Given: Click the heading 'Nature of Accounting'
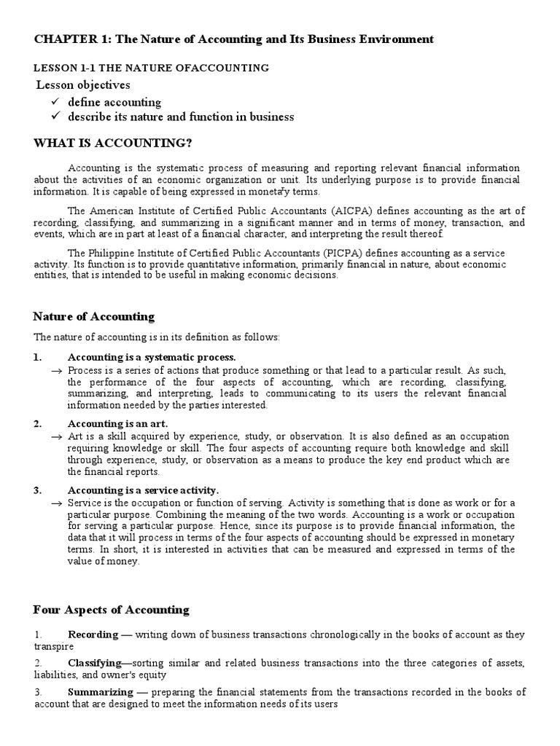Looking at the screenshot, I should [x=94, y=316].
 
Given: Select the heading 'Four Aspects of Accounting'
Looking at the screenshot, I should [x=111, y=610].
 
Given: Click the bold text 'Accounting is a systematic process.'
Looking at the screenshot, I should [x=152, y=357].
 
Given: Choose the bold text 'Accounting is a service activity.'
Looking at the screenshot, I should [x=143, y=490].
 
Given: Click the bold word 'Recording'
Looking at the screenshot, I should [x=94, y=635].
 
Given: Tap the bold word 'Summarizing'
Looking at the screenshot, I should [x=100, y=691].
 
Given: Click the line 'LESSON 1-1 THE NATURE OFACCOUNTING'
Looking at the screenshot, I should [x=152, y=68].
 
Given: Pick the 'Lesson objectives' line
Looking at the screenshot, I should [x=84, y=85].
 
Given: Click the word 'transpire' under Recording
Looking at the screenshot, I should [x=52, y=645].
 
